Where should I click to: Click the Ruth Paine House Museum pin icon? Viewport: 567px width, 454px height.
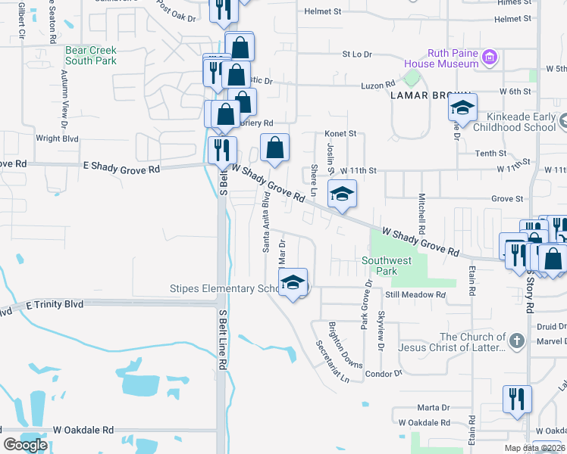pos(490,58)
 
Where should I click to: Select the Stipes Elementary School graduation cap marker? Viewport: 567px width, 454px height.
pos(293,283)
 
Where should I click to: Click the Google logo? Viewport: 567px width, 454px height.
pos(26,445)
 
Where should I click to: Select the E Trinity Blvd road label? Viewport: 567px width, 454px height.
pos(53,304)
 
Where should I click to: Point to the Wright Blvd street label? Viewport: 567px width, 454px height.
pos(58,139)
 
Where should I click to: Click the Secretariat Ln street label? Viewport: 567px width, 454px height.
pos(332,360)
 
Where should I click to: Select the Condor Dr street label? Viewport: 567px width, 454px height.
pos(384,374)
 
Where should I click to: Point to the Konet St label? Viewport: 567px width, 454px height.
pos(341,133)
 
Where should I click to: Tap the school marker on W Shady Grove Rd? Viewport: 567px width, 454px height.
pos(342,194)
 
